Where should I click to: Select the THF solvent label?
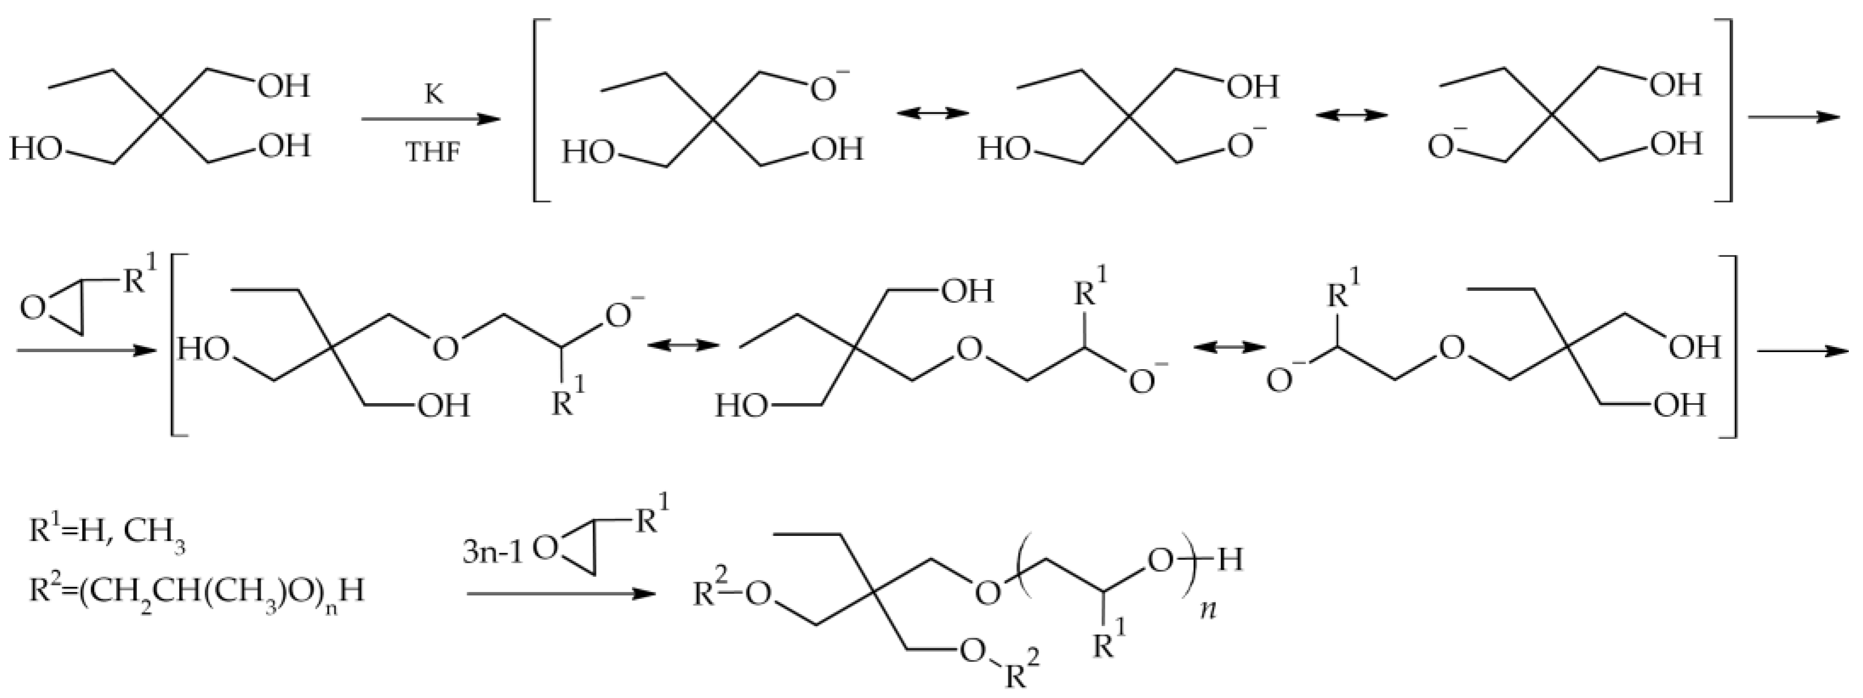tap(433, 153)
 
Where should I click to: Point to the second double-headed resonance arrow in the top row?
tap(1351, 115)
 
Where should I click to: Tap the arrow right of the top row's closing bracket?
tap(1794, 118)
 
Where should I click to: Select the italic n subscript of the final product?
tap(1209, 609)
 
